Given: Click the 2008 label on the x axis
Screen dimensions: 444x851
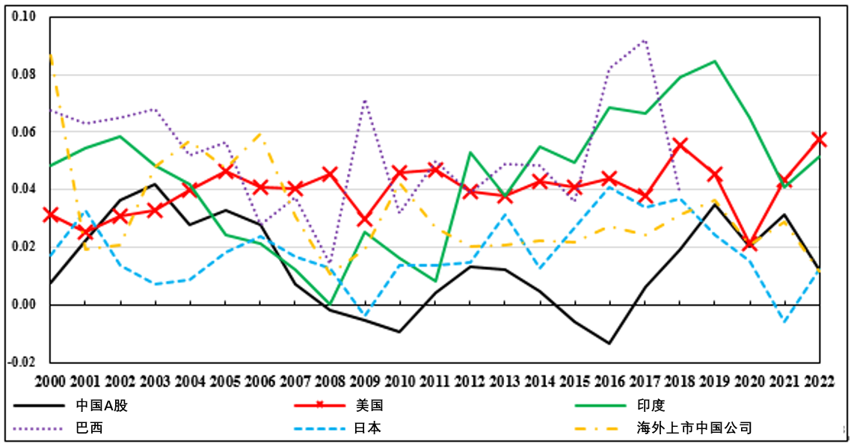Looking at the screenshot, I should coord(331,380).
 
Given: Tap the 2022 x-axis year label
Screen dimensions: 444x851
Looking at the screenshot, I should coord(820,380).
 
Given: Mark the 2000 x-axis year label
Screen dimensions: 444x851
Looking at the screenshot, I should coord(50,380).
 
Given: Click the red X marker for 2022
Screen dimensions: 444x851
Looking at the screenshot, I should coord(820,140).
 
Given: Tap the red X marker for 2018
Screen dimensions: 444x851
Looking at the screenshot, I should coord(680,145).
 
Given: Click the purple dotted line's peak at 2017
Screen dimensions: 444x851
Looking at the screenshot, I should coord(645,40).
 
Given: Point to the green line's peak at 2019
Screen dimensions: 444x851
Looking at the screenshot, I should coord(716,61).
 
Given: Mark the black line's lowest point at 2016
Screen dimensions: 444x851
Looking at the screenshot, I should coord(610,343).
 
